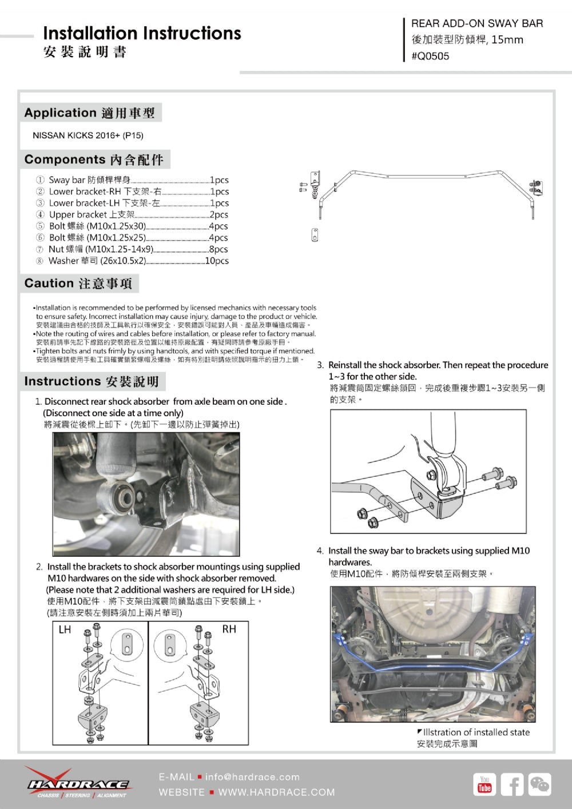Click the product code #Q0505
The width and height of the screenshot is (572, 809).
(430, 56)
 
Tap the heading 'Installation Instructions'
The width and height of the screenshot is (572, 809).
(142, 33)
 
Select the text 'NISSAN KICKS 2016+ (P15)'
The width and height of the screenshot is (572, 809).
(88, 136)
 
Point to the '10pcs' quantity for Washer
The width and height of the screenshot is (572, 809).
(217, 261)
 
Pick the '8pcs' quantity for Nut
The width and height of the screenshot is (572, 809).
(219, 249)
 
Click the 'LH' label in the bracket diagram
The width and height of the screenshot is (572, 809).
(65, 629)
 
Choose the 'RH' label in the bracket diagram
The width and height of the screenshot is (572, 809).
(229, 629)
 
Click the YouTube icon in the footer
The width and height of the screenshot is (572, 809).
(484, 784)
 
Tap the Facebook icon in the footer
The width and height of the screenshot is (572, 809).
(512, 784)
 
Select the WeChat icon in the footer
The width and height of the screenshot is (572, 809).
(539, 784)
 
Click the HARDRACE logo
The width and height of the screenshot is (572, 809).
(78, 784)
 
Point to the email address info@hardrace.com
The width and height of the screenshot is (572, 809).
(252, 777)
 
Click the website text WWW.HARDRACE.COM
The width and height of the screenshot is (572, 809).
(276, 792)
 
